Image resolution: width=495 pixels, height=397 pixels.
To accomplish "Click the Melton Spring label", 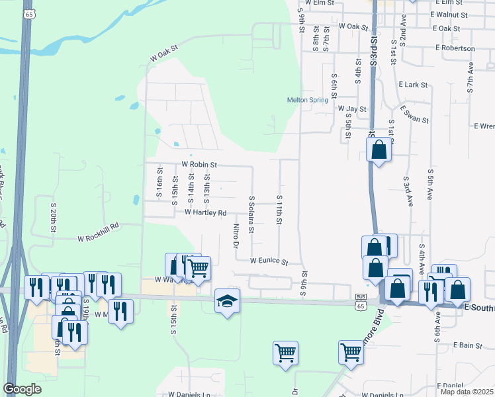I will [x=308, y=100].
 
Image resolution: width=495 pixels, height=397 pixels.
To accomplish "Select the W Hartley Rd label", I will [x=206, y=212].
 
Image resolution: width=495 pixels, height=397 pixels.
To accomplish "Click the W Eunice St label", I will [x=269, y=261].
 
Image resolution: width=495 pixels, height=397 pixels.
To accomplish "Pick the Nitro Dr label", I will [x=236, y=236].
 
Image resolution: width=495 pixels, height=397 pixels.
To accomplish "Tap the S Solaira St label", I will [x=251, y=214].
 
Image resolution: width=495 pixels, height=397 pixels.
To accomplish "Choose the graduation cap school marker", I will [x=227, y=301].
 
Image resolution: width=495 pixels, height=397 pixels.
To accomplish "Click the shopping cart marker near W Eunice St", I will [x=198, y=268].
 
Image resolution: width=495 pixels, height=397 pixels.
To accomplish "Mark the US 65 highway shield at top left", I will [x=28, y=14].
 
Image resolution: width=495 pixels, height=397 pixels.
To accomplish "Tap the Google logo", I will [x=22, y=389].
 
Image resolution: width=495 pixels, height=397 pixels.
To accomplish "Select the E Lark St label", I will [x=414, y=85].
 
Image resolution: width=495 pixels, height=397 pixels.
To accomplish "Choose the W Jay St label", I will [x=352, y=108].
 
